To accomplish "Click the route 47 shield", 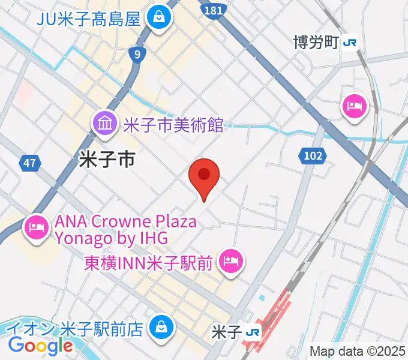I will (31, 163).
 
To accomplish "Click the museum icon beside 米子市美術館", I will (106, 125).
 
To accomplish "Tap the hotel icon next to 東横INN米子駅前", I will (230, 260).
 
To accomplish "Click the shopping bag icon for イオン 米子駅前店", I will (161, 327).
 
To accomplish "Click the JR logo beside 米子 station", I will (254, 332).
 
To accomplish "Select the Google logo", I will (40, 345).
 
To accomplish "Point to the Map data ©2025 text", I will (358, 351).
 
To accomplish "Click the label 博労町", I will (316, 43).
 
